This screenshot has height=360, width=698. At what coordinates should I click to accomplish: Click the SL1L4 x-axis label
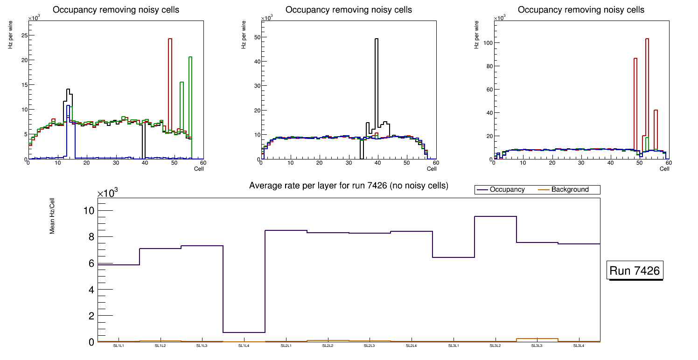pyautogui.click(x=244, y=346)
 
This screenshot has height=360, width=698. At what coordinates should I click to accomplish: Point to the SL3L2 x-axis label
pyautogui.click(x=496, y=346)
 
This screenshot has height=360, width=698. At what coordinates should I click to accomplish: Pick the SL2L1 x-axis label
pyautogui.click(x=286, y=346)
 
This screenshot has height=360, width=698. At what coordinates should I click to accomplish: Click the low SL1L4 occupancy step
pyautogui.click(x=244, y=332)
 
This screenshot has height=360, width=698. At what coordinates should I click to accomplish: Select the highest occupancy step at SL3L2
pyautogui.click(x=496, y=216)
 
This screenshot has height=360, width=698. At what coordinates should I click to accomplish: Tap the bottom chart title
pyautogui.click(x=349, y=186)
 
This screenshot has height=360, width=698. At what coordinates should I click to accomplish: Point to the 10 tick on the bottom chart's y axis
pyautogui.click(x=89, y=211)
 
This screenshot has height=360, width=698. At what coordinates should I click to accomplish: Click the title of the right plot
pyautogui.click(x=581, y=10)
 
